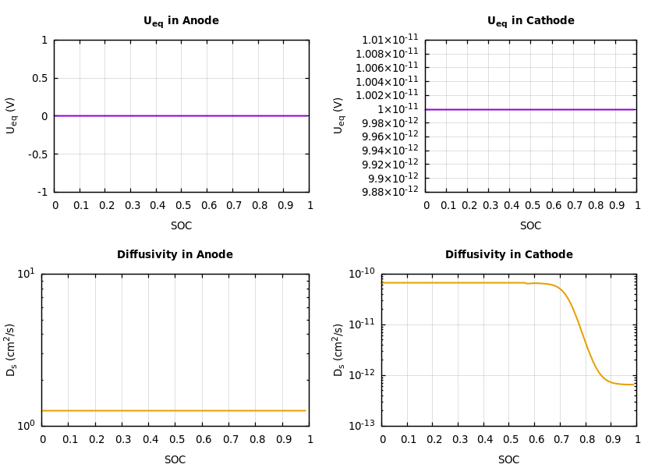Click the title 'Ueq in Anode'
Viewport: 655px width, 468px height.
[181, 21]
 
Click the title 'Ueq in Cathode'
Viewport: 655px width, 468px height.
[530, 21]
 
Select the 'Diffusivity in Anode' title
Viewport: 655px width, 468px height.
[175, 255]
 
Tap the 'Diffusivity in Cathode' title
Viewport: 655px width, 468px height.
[508, 255]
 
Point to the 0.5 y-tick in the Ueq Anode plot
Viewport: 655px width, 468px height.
[39, 78]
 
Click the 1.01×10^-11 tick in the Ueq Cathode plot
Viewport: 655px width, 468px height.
[390, 40]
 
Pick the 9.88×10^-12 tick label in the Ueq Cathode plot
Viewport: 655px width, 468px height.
[390, 192]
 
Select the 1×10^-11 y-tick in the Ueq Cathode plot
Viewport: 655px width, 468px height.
[398, 109]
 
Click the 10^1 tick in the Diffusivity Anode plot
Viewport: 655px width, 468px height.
[26, 273]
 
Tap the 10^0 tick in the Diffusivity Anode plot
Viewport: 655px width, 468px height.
[26, 425]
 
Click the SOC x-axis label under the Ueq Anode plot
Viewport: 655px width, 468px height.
[181, 226]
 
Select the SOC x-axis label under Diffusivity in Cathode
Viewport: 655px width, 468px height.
[508, 460]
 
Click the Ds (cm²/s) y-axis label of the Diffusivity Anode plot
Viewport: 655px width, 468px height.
[11, 349]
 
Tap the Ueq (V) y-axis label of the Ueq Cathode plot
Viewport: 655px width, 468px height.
[338, 115]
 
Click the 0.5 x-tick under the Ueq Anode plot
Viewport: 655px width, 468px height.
[182, 206]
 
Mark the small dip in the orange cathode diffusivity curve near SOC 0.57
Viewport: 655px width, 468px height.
[528, 284]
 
